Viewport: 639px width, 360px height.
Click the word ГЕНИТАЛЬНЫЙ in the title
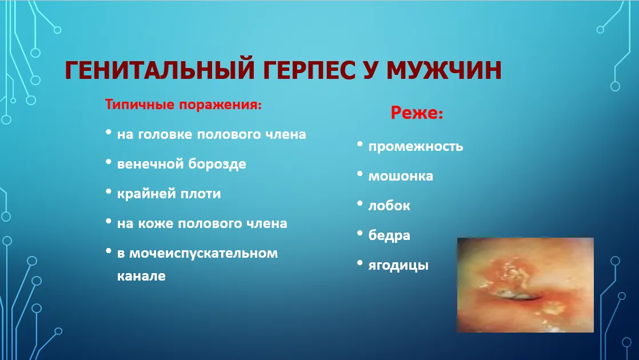coord(160,70)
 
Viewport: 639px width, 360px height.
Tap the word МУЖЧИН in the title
coord(444,70)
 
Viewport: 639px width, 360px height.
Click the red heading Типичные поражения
coord(183,105)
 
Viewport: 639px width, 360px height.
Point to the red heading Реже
coord(417,113)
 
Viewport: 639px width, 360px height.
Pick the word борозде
coord(217,164)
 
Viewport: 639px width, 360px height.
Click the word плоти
coord(201,194)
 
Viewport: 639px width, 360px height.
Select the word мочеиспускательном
coord(203,254)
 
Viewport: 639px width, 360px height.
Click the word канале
coord(141,276)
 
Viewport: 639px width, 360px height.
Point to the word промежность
coord(416,147)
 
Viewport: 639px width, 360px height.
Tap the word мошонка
coord(401,177)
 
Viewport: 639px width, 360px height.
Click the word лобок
coord(389,205)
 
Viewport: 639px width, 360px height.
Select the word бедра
coord(389,235)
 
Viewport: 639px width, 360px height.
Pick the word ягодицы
coord(398,266)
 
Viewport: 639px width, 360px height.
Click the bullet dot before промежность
coord(360,144)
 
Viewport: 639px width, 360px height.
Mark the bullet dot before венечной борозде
coord(109,162)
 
